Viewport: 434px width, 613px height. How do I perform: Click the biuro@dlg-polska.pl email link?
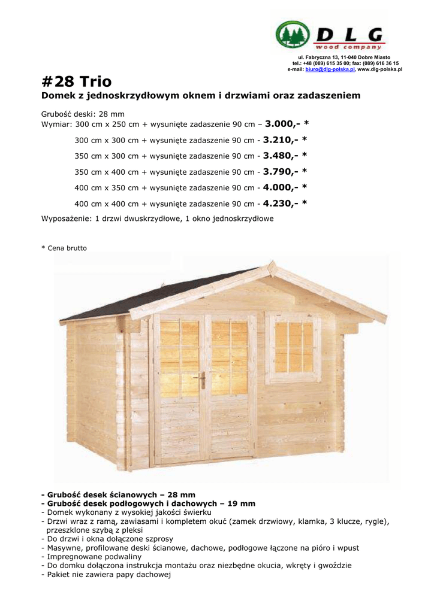click(330, 69)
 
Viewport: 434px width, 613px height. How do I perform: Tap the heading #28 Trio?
click(76, 81)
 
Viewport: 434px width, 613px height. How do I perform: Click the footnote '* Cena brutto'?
click(64, 248)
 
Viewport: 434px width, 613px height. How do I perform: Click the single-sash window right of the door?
click(293, 347)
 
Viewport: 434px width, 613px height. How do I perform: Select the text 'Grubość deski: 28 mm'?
click(82, 113)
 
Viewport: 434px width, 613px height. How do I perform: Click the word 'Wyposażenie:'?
click(66, 219)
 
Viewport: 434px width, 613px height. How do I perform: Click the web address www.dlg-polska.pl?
click(379, 69)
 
